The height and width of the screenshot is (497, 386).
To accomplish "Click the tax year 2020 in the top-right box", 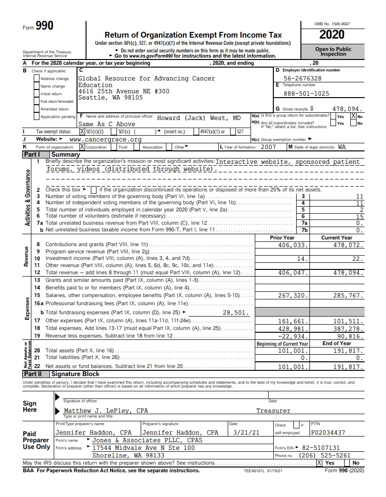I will [x=332, y=35].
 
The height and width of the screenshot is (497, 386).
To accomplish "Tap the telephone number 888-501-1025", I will [x=306, y=93].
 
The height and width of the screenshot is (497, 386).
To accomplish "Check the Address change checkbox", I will [x=37, y=79].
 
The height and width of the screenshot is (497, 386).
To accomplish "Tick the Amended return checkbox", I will [x=37, y=109].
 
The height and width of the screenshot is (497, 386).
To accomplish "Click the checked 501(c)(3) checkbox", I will [x=82, y=131].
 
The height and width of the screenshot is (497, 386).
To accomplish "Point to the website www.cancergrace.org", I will [x=106, y=139].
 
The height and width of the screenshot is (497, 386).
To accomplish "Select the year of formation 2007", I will [x=268, y=147].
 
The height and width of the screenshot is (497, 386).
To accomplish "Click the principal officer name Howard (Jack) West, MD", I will [x=199, y=118].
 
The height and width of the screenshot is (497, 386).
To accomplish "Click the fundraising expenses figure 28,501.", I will [x=235, y=313].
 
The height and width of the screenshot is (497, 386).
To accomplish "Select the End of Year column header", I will [x=337, y=343].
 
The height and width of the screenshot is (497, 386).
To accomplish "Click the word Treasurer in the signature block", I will [x=273, y=410].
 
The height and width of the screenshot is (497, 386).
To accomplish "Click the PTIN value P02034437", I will [x=328, y=433].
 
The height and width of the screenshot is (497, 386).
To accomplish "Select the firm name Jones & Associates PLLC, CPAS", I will [x=147, y=440].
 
